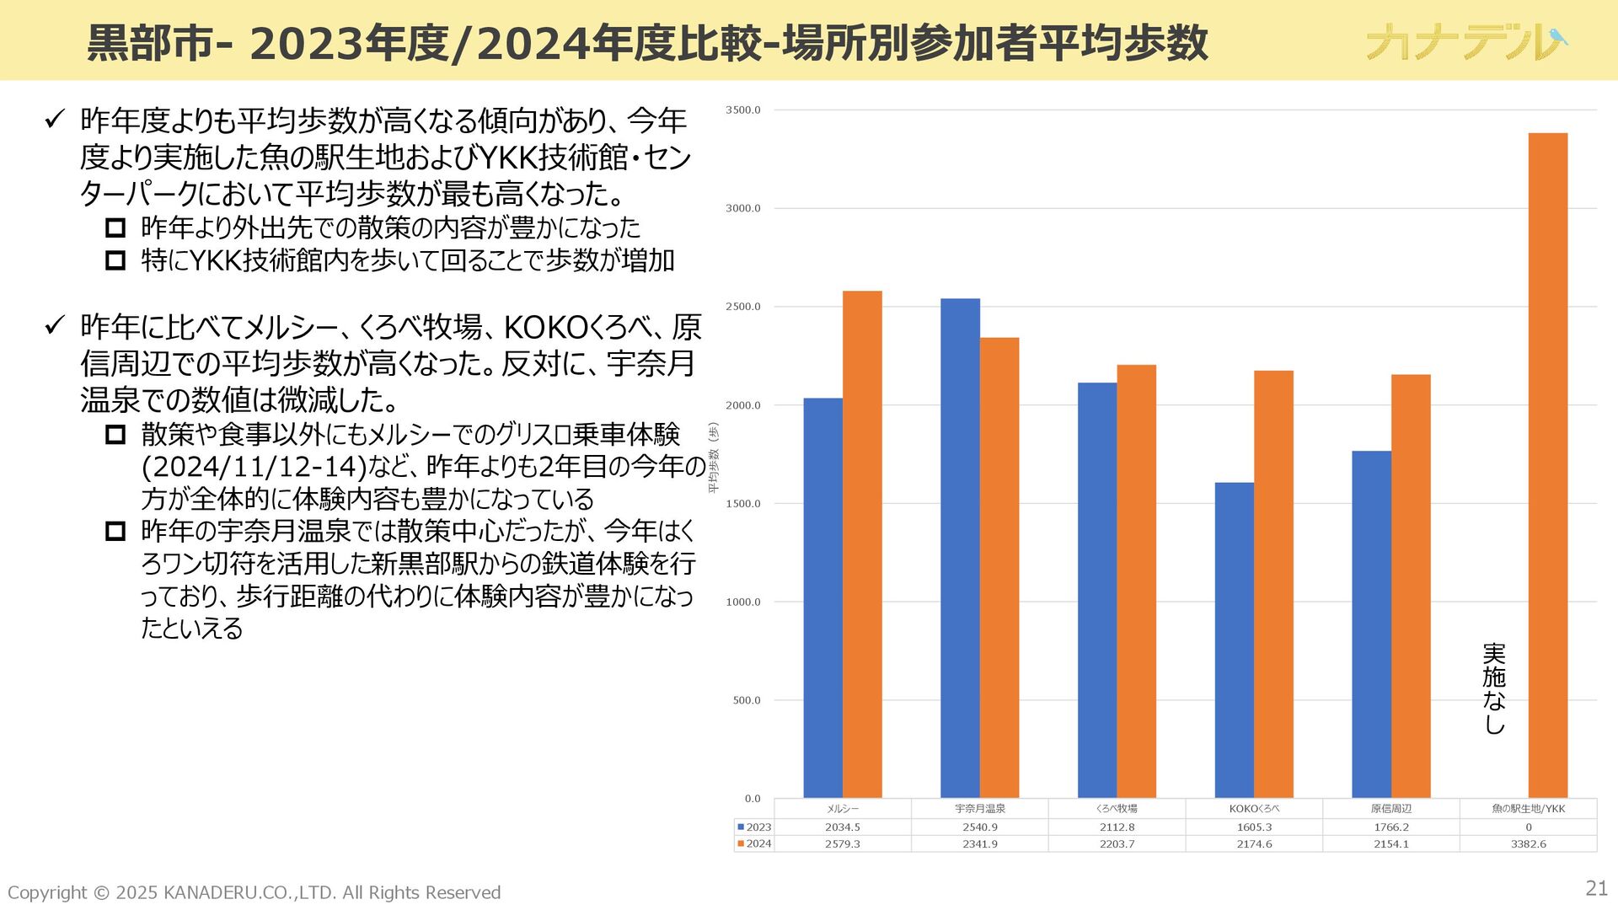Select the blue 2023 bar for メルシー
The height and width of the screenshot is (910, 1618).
(822, 597)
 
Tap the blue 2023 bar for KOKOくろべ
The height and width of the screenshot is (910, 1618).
(1234, 640)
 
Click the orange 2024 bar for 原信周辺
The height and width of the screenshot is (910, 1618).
(1411, 586)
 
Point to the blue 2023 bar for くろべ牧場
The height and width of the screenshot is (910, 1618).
(1097, 590)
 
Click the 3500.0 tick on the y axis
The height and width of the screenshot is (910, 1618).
(742, 110)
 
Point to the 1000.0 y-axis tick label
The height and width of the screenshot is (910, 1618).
(742, 602)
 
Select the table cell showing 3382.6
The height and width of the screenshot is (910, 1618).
(1528, 843)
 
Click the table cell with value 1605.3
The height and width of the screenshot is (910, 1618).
(1254, 827)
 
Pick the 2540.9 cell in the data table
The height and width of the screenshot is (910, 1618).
(980, 827)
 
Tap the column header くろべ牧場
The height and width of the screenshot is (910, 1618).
(1117, 809)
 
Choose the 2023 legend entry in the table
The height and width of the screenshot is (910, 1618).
(754, 827)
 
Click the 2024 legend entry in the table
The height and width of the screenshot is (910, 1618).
(754, 843)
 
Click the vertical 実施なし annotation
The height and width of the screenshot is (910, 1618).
(1493, 688)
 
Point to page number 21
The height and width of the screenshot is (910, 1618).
(1596, 888)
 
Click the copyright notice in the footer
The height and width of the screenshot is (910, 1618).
(254, 892)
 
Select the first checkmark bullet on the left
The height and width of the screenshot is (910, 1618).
(55, 120)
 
